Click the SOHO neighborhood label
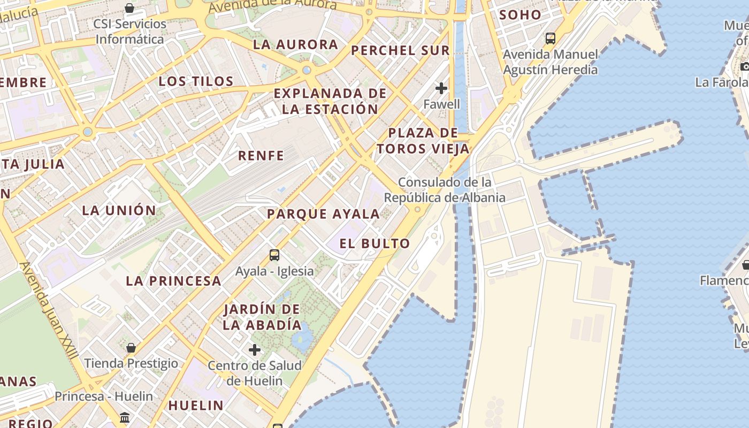pyautogui.click(x=520, y=15)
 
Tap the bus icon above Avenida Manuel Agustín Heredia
pyautogui.click(x=550, y=39)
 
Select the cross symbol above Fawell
pyautogui.click(x=441, y=88)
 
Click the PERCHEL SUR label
pyautogui.click(x=400, y=51)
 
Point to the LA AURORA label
pyautogui.click(x=295, y=44)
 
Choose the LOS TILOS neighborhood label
pyautogui.click(x=196, y=81)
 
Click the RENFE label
pyautogui.click(x=261, y=156)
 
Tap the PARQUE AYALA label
pyautogui.click(x=323, y=214)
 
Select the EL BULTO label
pyautogui.click(x=374, y=243)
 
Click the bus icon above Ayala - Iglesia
pyautogui.click(x=274, y=255)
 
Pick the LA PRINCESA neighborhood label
pyautogui.click(x=173, y=281)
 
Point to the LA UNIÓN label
pyautogui.click(x=119, y=210)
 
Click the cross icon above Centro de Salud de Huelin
pyautogui.click(x=255, y=350)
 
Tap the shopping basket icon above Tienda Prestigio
pyautogui.click(x=131, y=348)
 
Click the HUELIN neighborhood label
pyautogui.click(x=196, y=406)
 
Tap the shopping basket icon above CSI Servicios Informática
pyautogui.click(x=129, y=8)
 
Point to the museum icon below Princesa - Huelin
pyautogui.click(x=125, y=417)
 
